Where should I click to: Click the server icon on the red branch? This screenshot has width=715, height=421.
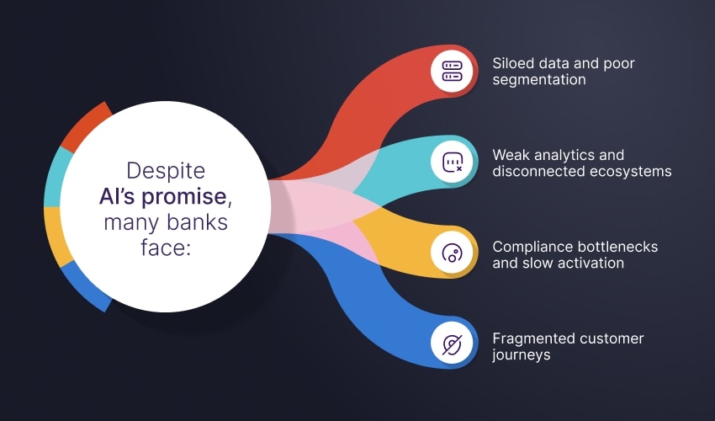(x=452, y=71)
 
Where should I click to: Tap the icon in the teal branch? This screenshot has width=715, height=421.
(x=452, y=163)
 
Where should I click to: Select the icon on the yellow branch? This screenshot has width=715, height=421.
(x=452, y=253)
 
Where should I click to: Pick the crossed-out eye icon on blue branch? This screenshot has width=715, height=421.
(x=452, y=344)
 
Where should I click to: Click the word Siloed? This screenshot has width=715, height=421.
(x=513, y=63)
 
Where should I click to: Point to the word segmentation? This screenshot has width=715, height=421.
(x=539, y=80)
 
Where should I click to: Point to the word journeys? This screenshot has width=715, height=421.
(x=522, y=355)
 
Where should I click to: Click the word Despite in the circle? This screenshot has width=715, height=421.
(x=166, y=171)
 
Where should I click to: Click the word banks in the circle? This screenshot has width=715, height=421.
(x=197, y=222)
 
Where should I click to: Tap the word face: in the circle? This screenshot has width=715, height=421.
(x=165, y=248)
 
